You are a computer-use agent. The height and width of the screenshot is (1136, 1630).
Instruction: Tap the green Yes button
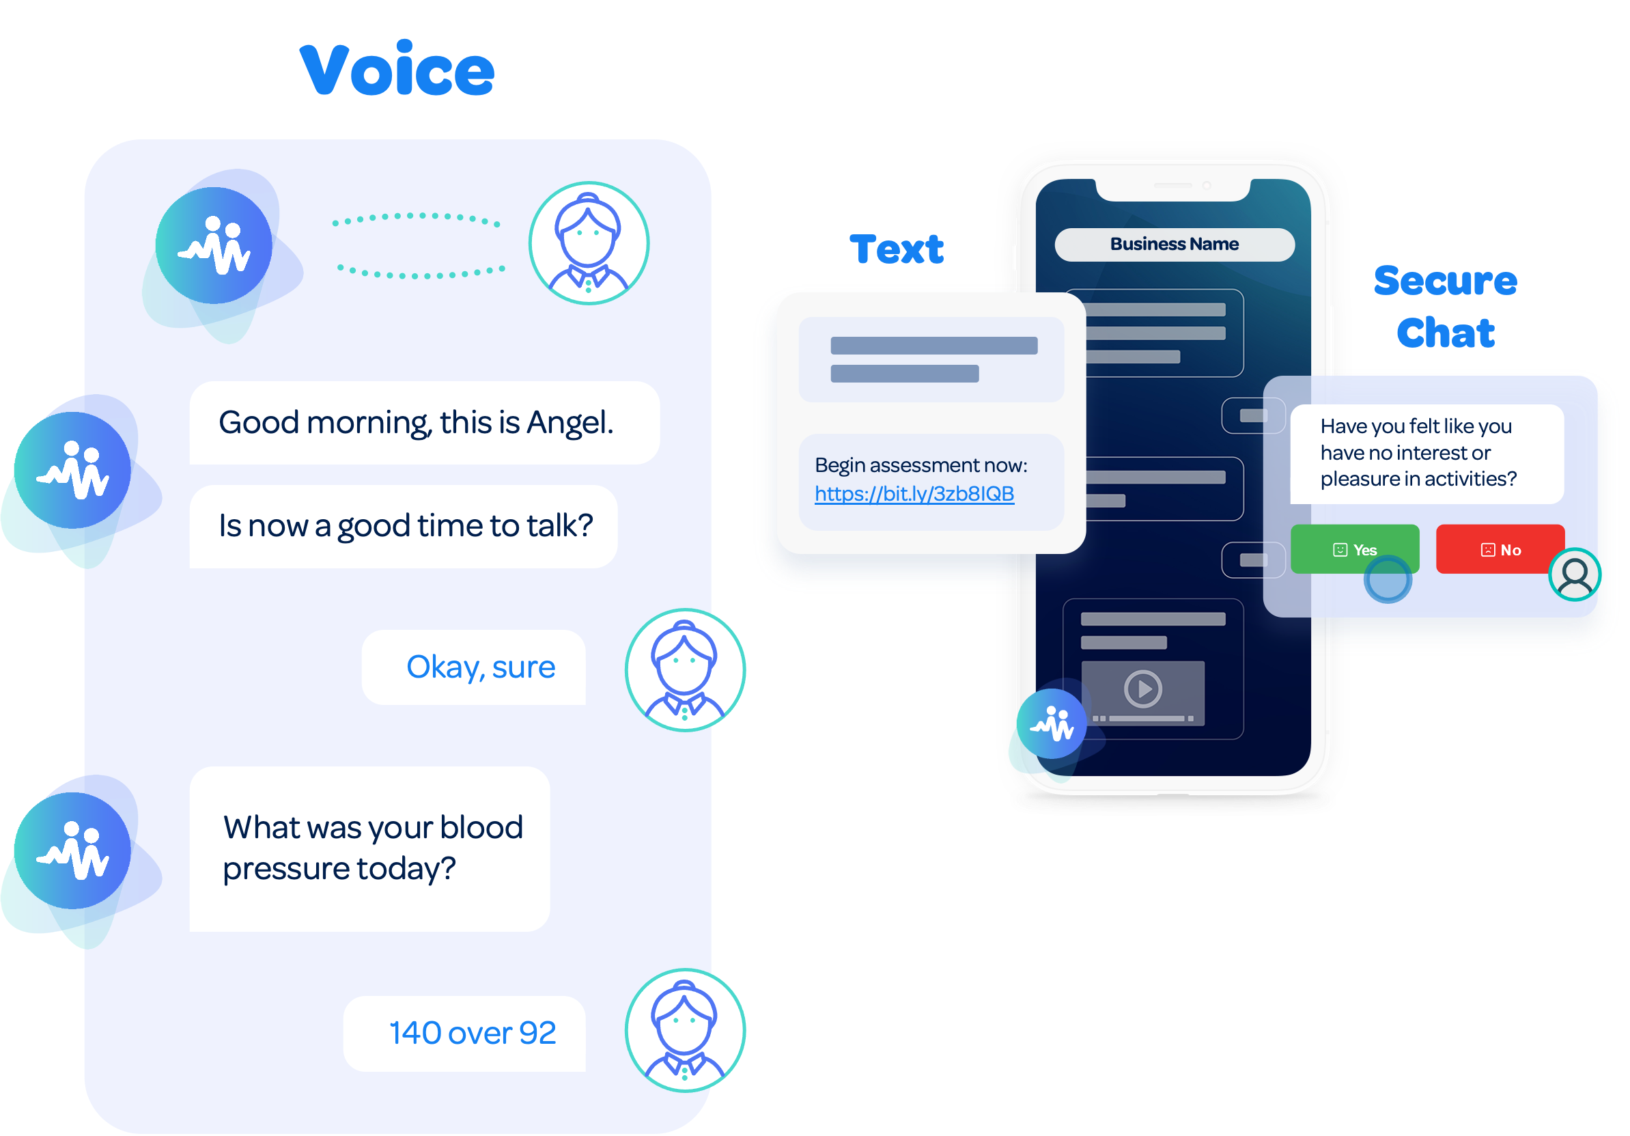click(x=1354, y=549)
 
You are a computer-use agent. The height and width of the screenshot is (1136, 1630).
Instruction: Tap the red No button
click(x=1500, y=549)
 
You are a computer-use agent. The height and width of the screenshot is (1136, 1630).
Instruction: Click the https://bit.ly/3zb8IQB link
click(x=914, y=493)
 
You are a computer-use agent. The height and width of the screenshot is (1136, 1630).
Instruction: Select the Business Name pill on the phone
click(x=1175, y=245)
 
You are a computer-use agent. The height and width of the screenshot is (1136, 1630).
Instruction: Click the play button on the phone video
click(x=1142, y=688)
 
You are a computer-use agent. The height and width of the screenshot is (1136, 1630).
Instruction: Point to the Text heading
click(x=896, y=249)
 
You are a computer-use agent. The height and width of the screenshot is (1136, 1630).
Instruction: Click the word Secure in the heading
click(x=1445, y=281)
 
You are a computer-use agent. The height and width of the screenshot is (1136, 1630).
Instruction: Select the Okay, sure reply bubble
click(x=473, y=667)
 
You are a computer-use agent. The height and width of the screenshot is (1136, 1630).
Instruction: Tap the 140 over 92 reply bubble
click(x=465, y=1033)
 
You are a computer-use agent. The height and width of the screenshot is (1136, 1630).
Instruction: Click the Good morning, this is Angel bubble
click(x=424, y=422)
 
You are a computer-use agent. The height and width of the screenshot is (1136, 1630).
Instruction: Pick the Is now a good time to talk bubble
click(x=404, y=526)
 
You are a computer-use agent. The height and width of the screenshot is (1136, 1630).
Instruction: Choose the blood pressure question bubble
click(x=369, y=848)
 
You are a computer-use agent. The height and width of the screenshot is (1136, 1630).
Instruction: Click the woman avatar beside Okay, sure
click(x=684, y=669)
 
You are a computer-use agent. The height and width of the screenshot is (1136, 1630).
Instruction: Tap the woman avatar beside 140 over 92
click(x=684, y=1029)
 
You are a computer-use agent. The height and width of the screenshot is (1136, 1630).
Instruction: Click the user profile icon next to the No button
click(x=1574, y=574)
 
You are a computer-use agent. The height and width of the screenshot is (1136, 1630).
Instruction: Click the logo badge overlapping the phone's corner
click(x=1052, y=723)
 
